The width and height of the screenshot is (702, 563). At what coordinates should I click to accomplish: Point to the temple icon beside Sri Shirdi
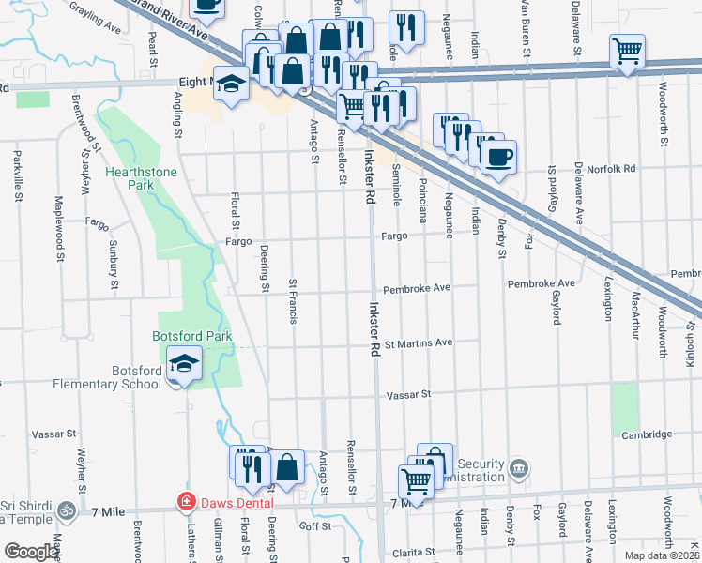(65, 510)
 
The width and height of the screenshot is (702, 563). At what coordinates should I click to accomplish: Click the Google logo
(31, 552)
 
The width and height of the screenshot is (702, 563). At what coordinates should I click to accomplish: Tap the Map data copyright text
(662, 555)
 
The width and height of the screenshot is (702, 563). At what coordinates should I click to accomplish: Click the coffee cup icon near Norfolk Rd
(498, 156)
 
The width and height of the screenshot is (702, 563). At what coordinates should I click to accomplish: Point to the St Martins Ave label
(418, 342)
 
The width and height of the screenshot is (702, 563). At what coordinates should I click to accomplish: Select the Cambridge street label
(647, 434)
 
